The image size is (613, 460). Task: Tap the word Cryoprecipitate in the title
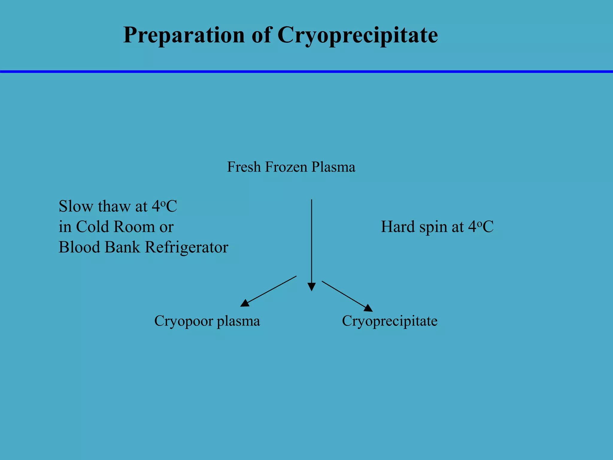[358, 35]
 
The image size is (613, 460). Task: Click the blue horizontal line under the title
[306, 72]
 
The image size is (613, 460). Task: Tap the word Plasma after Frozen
[333, 167]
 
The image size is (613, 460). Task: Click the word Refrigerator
[186, 247]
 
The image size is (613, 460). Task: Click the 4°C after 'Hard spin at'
[481, 227]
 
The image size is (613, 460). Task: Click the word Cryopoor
[183, 321]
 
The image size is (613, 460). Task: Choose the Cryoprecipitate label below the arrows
[390, 321]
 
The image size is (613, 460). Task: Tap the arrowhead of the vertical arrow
[312, 287]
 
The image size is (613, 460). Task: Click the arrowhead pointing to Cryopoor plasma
[245, 303]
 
